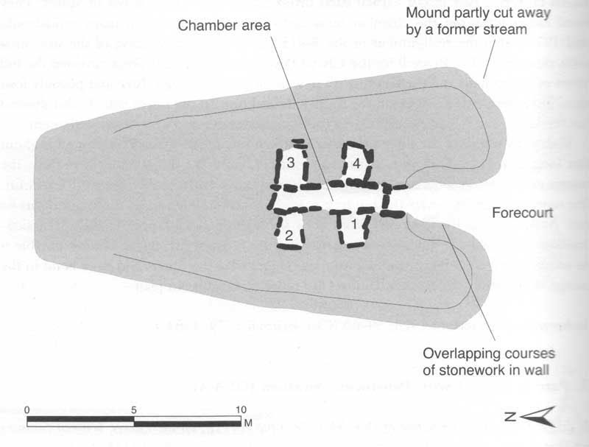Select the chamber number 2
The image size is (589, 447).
coord(289,236)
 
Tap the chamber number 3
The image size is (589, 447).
coord(292,163)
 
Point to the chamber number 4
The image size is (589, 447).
coord(356,163)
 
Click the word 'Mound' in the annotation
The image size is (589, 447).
coord(447,13)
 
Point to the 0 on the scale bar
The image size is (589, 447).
coord(27,410)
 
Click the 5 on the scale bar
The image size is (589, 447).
coord(133,410)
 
